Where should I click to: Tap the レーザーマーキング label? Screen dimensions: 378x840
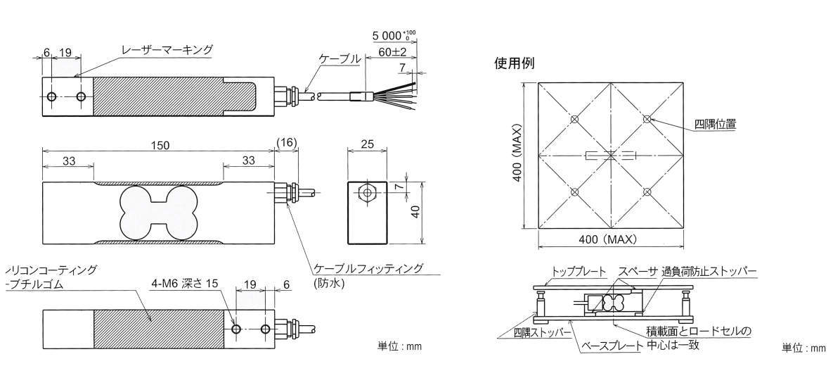(x=167, y=50)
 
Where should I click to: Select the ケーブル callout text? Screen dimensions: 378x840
(x=340, y=58)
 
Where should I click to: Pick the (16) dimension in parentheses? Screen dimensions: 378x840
(x=287, y=143)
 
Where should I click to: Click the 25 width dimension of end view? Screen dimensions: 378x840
(x=367, y=144)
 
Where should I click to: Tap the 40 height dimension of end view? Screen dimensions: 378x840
(x=416, y=210)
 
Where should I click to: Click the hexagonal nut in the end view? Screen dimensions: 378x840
(x=367, y=193)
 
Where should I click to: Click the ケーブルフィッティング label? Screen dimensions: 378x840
(x=368, y=269)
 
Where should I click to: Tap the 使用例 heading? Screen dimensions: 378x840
(x=515, y=63)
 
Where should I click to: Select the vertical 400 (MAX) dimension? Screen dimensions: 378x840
(x=517, y=156)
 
